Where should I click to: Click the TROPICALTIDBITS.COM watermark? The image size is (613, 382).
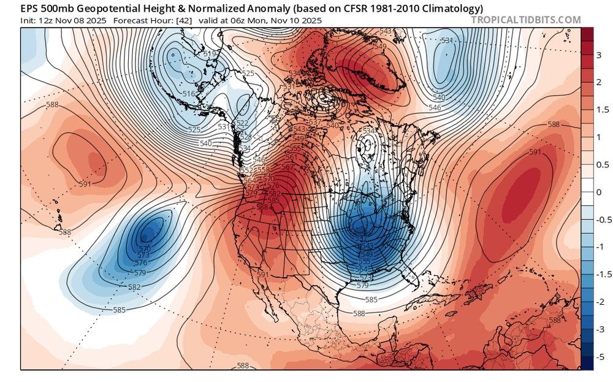coord(525,20)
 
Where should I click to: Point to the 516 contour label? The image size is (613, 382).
coord(189,93)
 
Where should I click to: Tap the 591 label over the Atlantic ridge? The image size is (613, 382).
coord(535,152)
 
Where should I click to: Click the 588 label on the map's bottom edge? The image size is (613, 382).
coord(243,366)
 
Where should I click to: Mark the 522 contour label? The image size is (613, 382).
coord(243,123)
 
